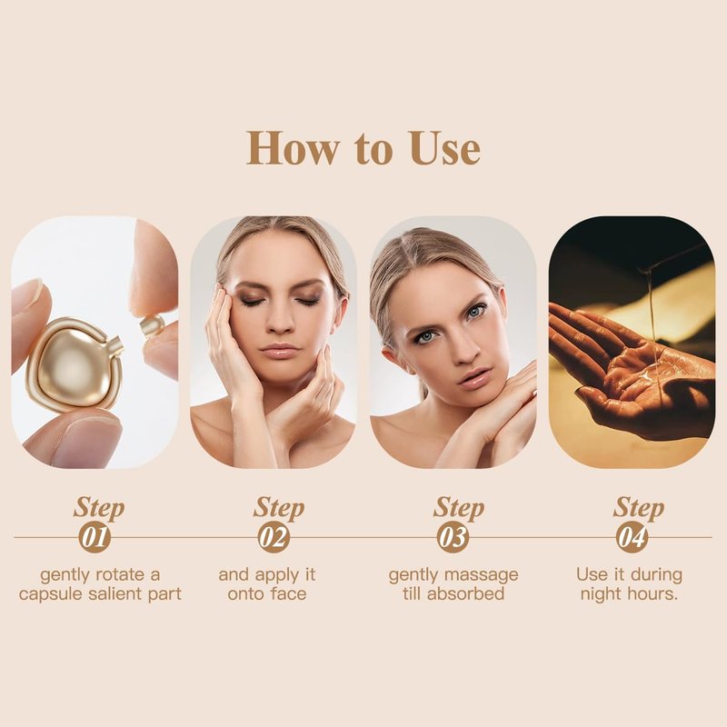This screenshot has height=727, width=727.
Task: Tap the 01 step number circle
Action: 95,537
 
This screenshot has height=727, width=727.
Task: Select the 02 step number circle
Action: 274,537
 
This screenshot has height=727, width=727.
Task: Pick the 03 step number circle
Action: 453,537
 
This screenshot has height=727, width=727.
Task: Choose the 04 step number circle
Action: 632,537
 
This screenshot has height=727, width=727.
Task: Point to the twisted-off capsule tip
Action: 152,325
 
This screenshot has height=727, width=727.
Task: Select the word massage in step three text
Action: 485,576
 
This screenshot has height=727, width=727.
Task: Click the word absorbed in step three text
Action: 465,594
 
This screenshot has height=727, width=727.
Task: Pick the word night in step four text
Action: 602,594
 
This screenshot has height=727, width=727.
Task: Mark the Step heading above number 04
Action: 639,508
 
